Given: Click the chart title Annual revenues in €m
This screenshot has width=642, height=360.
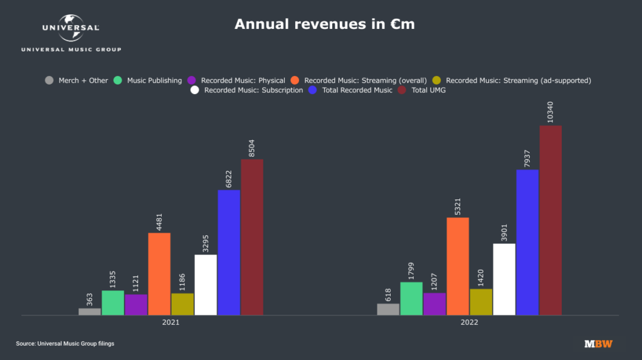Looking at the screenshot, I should click(x=324, y=24).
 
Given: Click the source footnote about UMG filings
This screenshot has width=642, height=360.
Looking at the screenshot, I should click(x=65, y=344).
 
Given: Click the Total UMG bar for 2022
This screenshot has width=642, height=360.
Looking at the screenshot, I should click(x=550, y=220).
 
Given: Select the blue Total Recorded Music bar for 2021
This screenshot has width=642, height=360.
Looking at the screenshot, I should click(x=229, y=252).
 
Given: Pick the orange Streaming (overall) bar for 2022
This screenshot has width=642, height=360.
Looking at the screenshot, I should click(x=458, y=266).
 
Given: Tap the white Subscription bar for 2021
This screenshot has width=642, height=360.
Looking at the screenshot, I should click(x=206, y=285).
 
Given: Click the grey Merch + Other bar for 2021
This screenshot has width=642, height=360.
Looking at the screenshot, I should click(x=90, y=311).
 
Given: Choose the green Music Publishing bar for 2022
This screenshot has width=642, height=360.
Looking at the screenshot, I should click(x=411, y=299).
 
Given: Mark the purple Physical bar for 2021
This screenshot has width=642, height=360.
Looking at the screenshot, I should click(x=136, y=305).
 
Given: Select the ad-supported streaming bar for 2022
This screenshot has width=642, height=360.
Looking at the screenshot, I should click(x=481, y=302).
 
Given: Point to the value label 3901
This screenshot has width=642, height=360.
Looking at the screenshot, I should click(x=504, y=230).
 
